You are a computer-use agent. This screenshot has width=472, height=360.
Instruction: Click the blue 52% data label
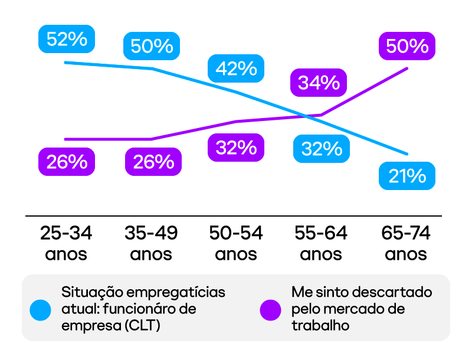click(x=67, y=40)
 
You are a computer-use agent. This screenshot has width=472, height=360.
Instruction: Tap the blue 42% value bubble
click(x=236, y=68)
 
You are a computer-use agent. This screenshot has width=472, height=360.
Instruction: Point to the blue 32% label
click(x=322, y=149)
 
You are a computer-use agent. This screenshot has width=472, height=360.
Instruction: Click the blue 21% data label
click(x=407, y=176)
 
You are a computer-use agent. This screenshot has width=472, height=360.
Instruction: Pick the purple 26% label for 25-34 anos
click(x=67, y=162)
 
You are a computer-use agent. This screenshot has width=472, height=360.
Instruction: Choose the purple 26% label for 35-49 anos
click(x=153, y=162)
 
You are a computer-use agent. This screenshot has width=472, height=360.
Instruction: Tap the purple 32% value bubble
click(x=236, y=148)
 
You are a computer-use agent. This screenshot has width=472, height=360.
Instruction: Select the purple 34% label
click(x=319, y=83)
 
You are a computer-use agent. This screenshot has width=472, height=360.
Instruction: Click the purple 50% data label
click(x=407, y=45)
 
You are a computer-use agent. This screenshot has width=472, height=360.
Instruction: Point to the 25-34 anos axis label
click(x=66, y=244)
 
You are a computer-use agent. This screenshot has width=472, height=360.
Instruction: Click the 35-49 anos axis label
click(x=151, y=244)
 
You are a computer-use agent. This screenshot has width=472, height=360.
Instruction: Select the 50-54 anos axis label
click(x=236, y=244)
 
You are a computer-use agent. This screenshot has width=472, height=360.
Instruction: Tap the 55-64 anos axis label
click(x=321, y=244)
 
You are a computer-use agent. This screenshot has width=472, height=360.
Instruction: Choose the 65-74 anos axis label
click(x=406, y=244)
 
